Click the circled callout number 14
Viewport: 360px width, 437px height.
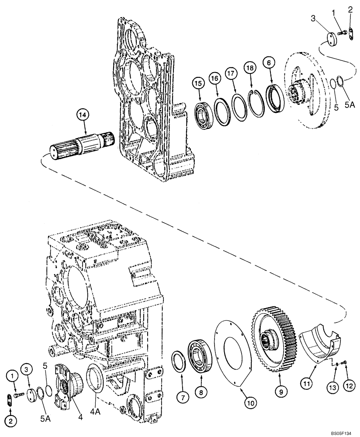click(83, 115)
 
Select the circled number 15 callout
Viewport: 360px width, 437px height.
click(199, 82)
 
